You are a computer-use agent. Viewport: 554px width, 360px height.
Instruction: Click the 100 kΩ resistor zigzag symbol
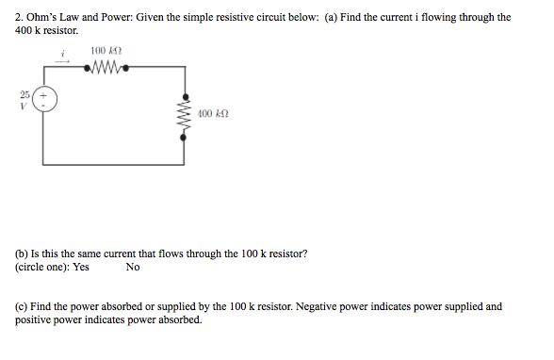[102, 67]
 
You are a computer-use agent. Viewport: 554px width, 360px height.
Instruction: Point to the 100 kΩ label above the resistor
[102, 51]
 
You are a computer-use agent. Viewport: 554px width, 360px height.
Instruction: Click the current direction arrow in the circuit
[63, 63]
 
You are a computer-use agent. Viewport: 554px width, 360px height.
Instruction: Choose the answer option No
[132, 268]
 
